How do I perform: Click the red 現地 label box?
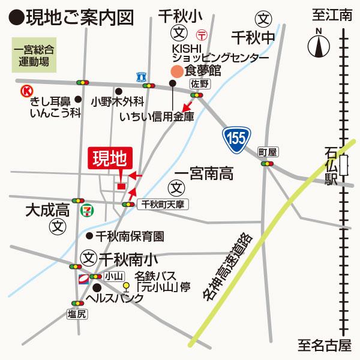(109, 159)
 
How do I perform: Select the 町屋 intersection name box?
(266, 151)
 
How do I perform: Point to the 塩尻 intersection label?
(78, 314)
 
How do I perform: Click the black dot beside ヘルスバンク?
(97, 287)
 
